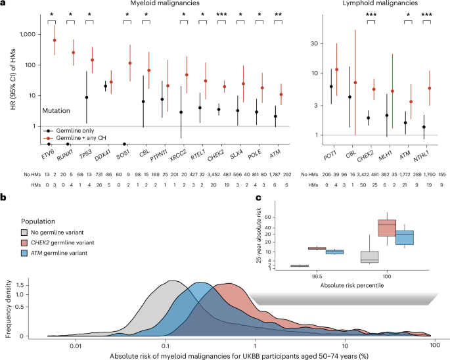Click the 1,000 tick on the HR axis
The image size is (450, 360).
29,34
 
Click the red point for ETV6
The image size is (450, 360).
55,40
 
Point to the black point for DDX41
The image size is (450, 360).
105,86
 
